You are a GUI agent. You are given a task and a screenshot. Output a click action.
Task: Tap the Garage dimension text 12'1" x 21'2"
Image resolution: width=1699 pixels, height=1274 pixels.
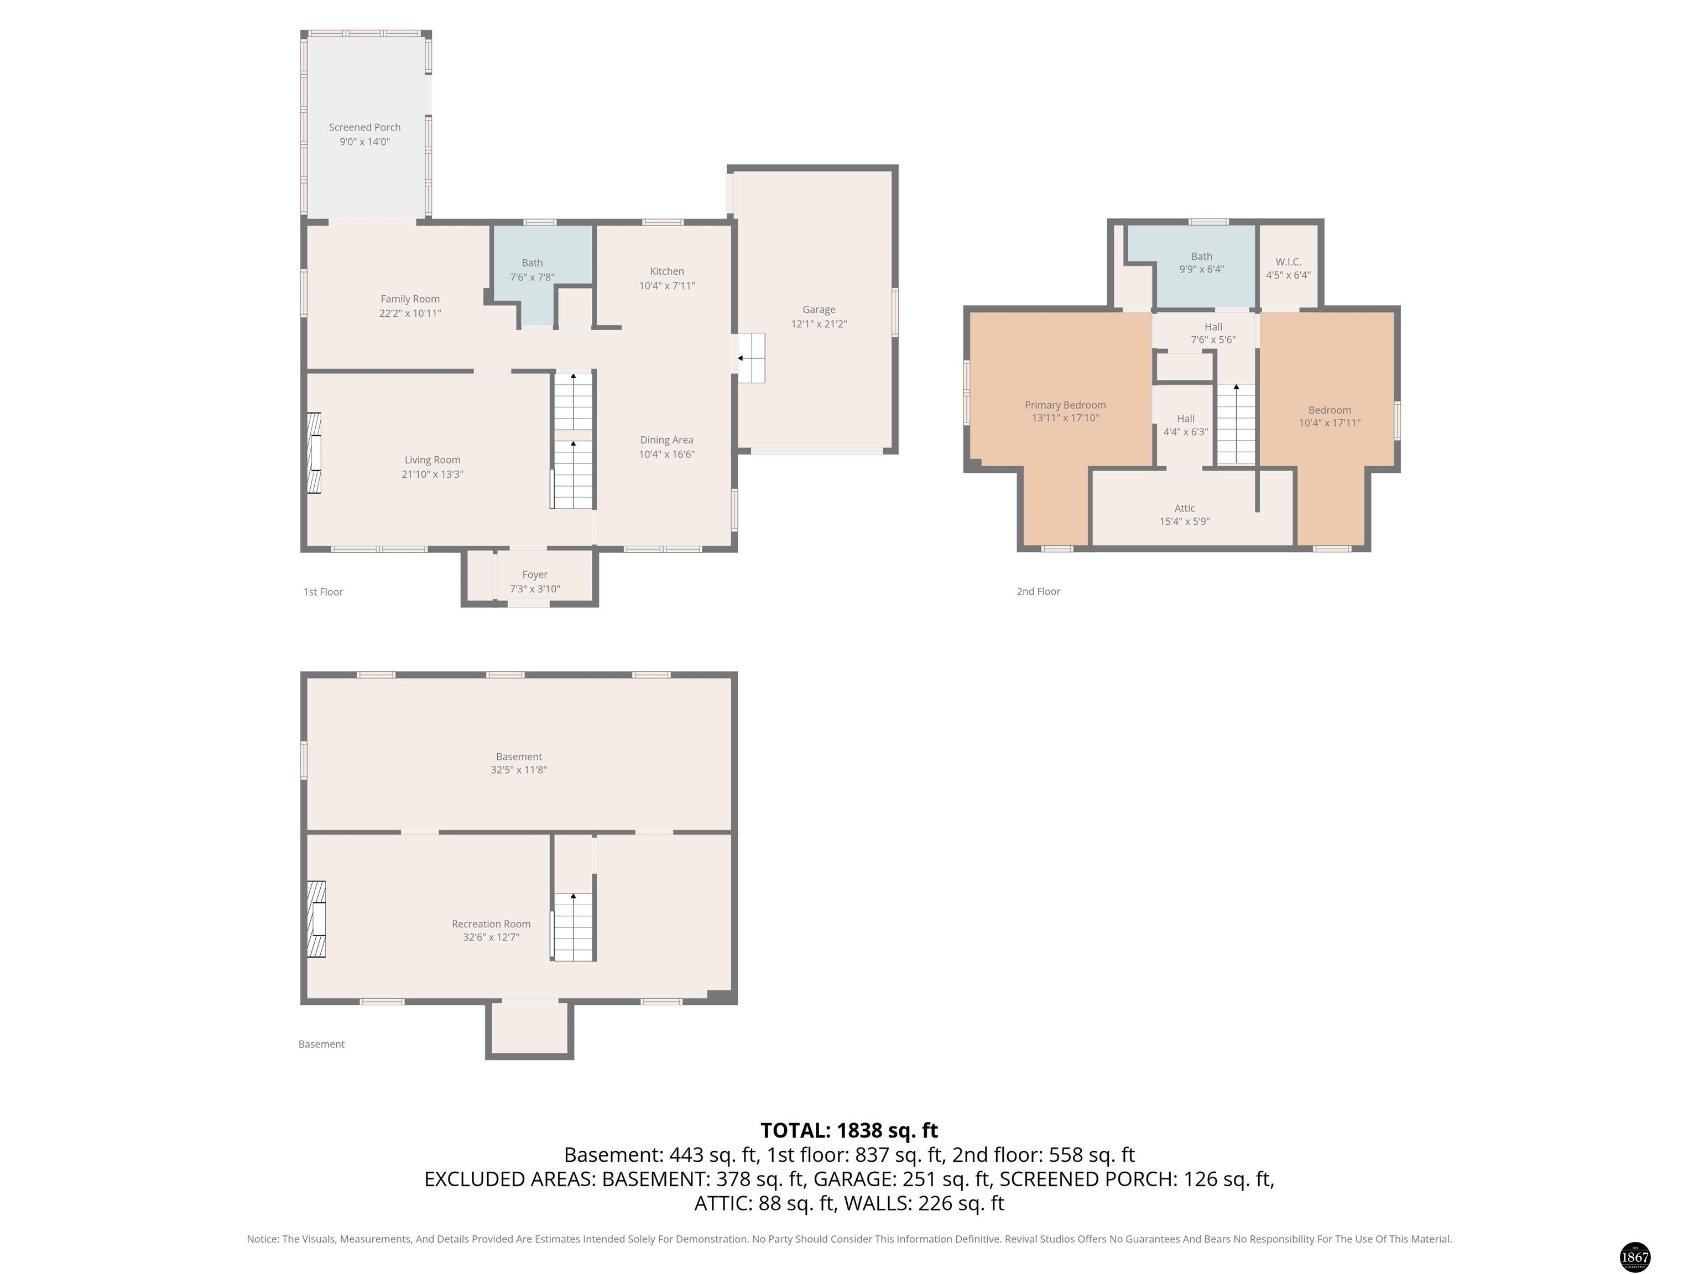pyautogui.click(x=819, y=324)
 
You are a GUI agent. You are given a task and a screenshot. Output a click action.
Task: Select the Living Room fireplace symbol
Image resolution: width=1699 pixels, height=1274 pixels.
pyautogui.click(x=314, y=453)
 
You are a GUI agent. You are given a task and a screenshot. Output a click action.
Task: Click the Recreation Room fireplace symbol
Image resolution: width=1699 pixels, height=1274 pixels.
pyautogui.click(x=316, y=918)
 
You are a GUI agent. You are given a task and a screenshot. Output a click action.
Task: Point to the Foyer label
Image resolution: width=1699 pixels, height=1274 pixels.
pyautogui.click(x=535, y=575)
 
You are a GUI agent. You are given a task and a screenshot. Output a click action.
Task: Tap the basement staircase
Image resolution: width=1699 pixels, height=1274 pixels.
pyautogui.click(x=573, y=926)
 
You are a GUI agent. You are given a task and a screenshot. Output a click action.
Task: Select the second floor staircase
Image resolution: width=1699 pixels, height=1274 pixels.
pyautogui.click(x=1236, y=424)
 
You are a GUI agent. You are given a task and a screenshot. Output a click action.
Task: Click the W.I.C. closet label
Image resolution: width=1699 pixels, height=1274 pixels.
pyautogui.click(x=1288, y=262)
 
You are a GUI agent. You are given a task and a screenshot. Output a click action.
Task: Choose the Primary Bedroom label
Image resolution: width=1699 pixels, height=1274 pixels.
pyautogui.click(x=1065, y=405)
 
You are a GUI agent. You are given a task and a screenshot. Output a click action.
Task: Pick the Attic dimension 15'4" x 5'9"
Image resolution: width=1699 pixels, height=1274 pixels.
pyautogui.click(x=1185, y=521)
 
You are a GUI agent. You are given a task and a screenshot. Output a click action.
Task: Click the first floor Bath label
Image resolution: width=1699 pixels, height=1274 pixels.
pyautogui.click(x=532, y=263)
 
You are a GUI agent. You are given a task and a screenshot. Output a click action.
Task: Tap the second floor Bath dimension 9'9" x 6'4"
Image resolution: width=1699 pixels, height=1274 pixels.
pyautogui.click(x=1202, y=269)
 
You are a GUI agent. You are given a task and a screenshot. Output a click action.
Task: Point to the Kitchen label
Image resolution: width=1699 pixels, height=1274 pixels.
pyautogui.click(x=666, y=271)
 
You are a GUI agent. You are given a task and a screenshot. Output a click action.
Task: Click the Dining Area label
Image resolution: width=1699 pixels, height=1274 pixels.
pyautogui.click(x=666, y=440)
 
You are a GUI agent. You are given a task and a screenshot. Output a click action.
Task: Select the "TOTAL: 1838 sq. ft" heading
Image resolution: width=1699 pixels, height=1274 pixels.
pyautogui.click(x=849, y=1130)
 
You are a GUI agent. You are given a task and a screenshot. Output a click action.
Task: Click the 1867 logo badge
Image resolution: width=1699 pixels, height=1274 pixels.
pyautogui.click(x=1634, y=1257)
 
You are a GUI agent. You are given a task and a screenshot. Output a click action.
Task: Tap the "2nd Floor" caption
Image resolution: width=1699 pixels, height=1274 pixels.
pyautogui.click(x=1039, y=591)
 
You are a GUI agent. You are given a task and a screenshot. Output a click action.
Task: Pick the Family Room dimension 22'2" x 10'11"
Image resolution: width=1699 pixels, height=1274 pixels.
pyautogui.click(x=410, y=314)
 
